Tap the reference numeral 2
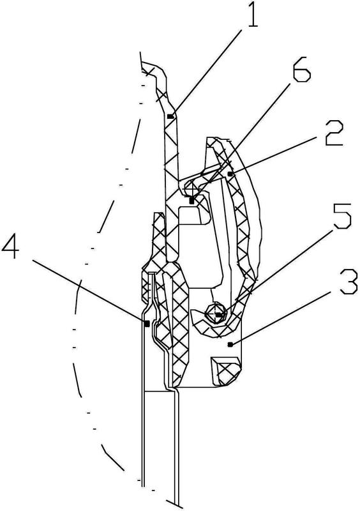tap(334, 133)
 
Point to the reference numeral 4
tap(11, 245)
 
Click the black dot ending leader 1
tap(169, 116)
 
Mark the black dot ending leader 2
tap(230, 174)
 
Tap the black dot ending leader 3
tap(230, 344)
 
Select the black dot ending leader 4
tap(147, 323)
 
